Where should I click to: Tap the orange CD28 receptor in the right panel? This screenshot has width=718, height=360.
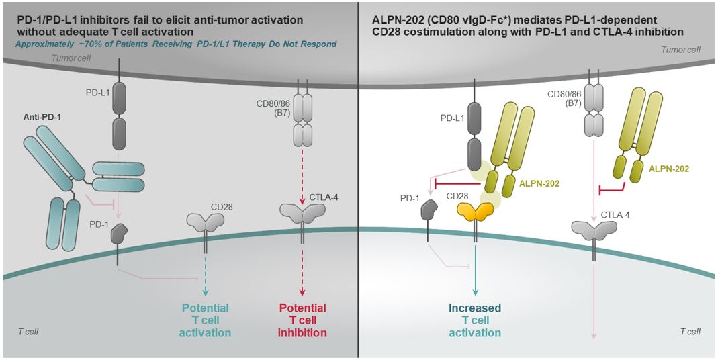476,214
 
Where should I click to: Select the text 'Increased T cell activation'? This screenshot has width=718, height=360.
476,320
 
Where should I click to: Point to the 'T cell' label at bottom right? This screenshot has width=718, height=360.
690,332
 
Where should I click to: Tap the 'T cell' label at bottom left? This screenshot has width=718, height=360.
29,332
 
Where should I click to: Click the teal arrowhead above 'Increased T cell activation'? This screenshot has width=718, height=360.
476,293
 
